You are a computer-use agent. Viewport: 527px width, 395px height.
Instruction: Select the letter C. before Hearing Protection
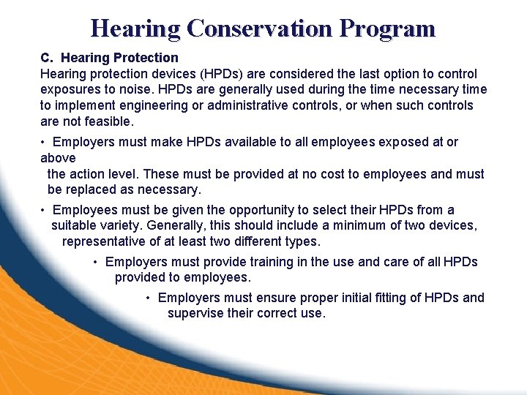pos(47,57)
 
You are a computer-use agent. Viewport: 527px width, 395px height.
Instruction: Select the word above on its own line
pos(58,158)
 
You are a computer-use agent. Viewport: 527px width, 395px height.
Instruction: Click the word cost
pos(337,174)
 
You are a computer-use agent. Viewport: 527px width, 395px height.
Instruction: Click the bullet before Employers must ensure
pos(149,298)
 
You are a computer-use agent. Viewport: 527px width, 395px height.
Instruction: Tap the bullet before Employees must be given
pos(44,210)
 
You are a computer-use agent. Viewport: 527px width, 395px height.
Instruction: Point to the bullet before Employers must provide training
pos(96,262)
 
